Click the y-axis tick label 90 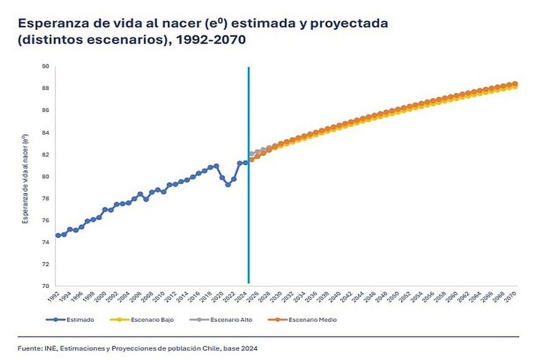pyautogui.click(x=45, y=66)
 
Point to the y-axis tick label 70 pyautogui.click(x=45, y=286)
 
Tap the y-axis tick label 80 pyautogui.click(x=45, y=176)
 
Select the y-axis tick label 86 pyautogui.click(x=45, y=110)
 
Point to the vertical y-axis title pyautogui.click(x=27, y=176)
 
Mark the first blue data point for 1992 pyautogui.click(x=58, y=235)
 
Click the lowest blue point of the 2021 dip pyautogui.click(x=228, y=184)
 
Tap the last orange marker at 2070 pyautogui.click(x=515, y=84)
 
